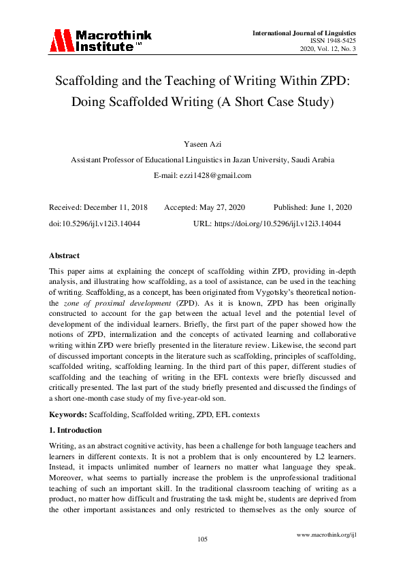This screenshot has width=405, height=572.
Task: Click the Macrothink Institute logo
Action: click(100, 40)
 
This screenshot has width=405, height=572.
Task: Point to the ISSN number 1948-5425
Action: click(336, 41)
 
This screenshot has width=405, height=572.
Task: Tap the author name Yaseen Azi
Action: click(202, 144)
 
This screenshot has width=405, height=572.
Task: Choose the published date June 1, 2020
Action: click(329, 207)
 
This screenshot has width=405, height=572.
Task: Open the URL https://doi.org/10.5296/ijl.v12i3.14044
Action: click(284, 223)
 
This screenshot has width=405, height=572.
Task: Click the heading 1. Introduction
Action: click(75, 430)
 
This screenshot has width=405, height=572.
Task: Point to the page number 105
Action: click(202, 539)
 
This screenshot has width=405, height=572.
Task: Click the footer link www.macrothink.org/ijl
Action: click(327, 535)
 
